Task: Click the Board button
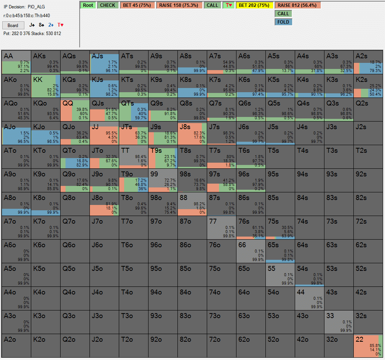(13, 26)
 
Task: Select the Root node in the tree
(88, 5)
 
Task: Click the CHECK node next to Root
(108, 5)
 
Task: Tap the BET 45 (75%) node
(137, 5)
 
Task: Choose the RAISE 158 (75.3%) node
(179, 5)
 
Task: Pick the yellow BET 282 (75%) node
(255, 5)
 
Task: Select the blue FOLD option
(283, 22)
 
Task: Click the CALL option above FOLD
(283, 14)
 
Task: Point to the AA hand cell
(16, 62)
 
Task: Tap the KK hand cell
(46, 86)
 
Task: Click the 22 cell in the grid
(368, 346)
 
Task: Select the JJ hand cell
(104, 133)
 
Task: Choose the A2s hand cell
(368, 62)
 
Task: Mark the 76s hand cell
(251, 227)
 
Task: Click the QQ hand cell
(75, 109)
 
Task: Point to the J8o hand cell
(104, 204)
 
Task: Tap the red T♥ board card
(60, 25)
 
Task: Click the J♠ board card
(32, 25)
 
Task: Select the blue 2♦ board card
(51, 25)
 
